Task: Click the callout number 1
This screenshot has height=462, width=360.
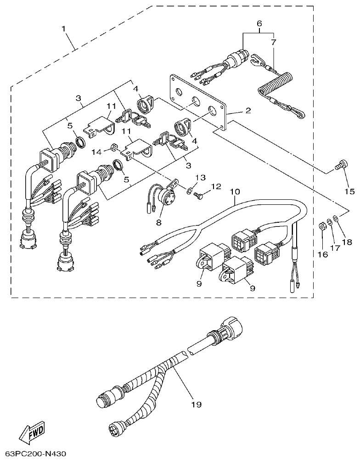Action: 63,28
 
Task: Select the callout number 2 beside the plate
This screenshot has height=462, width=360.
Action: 247,111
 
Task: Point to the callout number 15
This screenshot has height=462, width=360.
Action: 349,191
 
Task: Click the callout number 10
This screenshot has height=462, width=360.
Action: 235,191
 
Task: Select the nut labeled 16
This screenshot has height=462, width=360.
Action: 323,226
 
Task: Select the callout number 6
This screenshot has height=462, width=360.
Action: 259,23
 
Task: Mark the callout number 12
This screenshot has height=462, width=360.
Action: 216,186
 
